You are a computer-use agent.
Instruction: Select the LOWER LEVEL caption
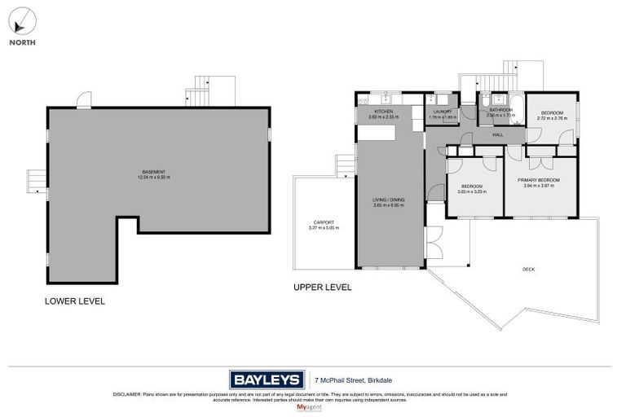[x=74, y=301]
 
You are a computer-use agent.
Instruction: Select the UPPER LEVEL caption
[x=322, y=287]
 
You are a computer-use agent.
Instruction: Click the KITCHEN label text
[x=383, y=112]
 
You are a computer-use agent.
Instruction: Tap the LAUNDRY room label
[x=443, y=112]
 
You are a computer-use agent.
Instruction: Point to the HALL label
[x=497, y=134]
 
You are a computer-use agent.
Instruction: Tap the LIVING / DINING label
[x=389, y=200]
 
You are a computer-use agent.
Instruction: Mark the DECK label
[x=530, y=270]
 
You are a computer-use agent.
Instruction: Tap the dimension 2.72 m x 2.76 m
[x=552, y=118]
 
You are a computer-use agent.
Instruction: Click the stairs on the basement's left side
[x=34, y=181]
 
